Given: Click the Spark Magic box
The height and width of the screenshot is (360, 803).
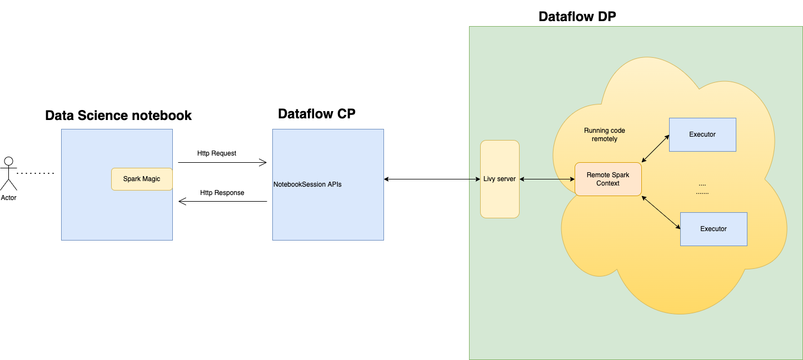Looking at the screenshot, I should [142, 179].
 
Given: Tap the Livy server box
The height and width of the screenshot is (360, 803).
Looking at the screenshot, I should [500, 179].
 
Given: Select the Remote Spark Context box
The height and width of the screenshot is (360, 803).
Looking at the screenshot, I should [608, 179].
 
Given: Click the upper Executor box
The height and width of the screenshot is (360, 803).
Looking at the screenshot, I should [702, 134].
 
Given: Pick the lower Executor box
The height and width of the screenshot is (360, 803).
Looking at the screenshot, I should [714, 229].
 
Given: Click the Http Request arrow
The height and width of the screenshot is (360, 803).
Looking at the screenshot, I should [222, 163].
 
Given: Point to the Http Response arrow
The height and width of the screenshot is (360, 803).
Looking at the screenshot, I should [222, 202].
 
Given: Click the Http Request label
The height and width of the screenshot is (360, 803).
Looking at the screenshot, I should [217, 153].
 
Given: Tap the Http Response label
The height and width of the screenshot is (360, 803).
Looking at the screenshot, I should [222, 193].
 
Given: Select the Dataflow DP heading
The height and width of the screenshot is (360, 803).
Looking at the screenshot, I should [577, 17].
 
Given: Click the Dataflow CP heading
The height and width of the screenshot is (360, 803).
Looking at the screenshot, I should [316, 114].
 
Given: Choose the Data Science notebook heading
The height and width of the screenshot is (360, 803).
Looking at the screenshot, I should [118, 116].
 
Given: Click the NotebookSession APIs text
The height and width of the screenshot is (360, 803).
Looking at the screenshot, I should [307, 184].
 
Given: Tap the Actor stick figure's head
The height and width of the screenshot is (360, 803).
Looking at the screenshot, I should [8, 161].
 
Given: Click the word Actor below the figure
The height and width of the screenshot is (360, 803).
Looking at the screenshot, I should [8, 198].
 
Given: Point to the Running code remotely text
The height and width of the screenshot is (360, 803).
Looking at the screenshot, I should [604, 134].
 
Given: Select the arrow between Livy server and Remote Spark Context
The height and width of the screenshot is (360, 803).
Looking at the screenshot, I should [547, 179].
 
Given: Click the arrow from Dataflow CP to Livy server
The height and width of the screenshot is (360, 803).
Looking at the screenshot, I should [432, 179].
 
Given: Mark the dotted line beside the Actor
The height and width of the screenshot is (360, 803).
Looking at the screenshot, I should [36, 173].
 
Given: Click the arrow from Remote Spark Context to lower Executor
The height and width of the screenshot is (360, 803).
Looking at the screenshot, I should [661, 212].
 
